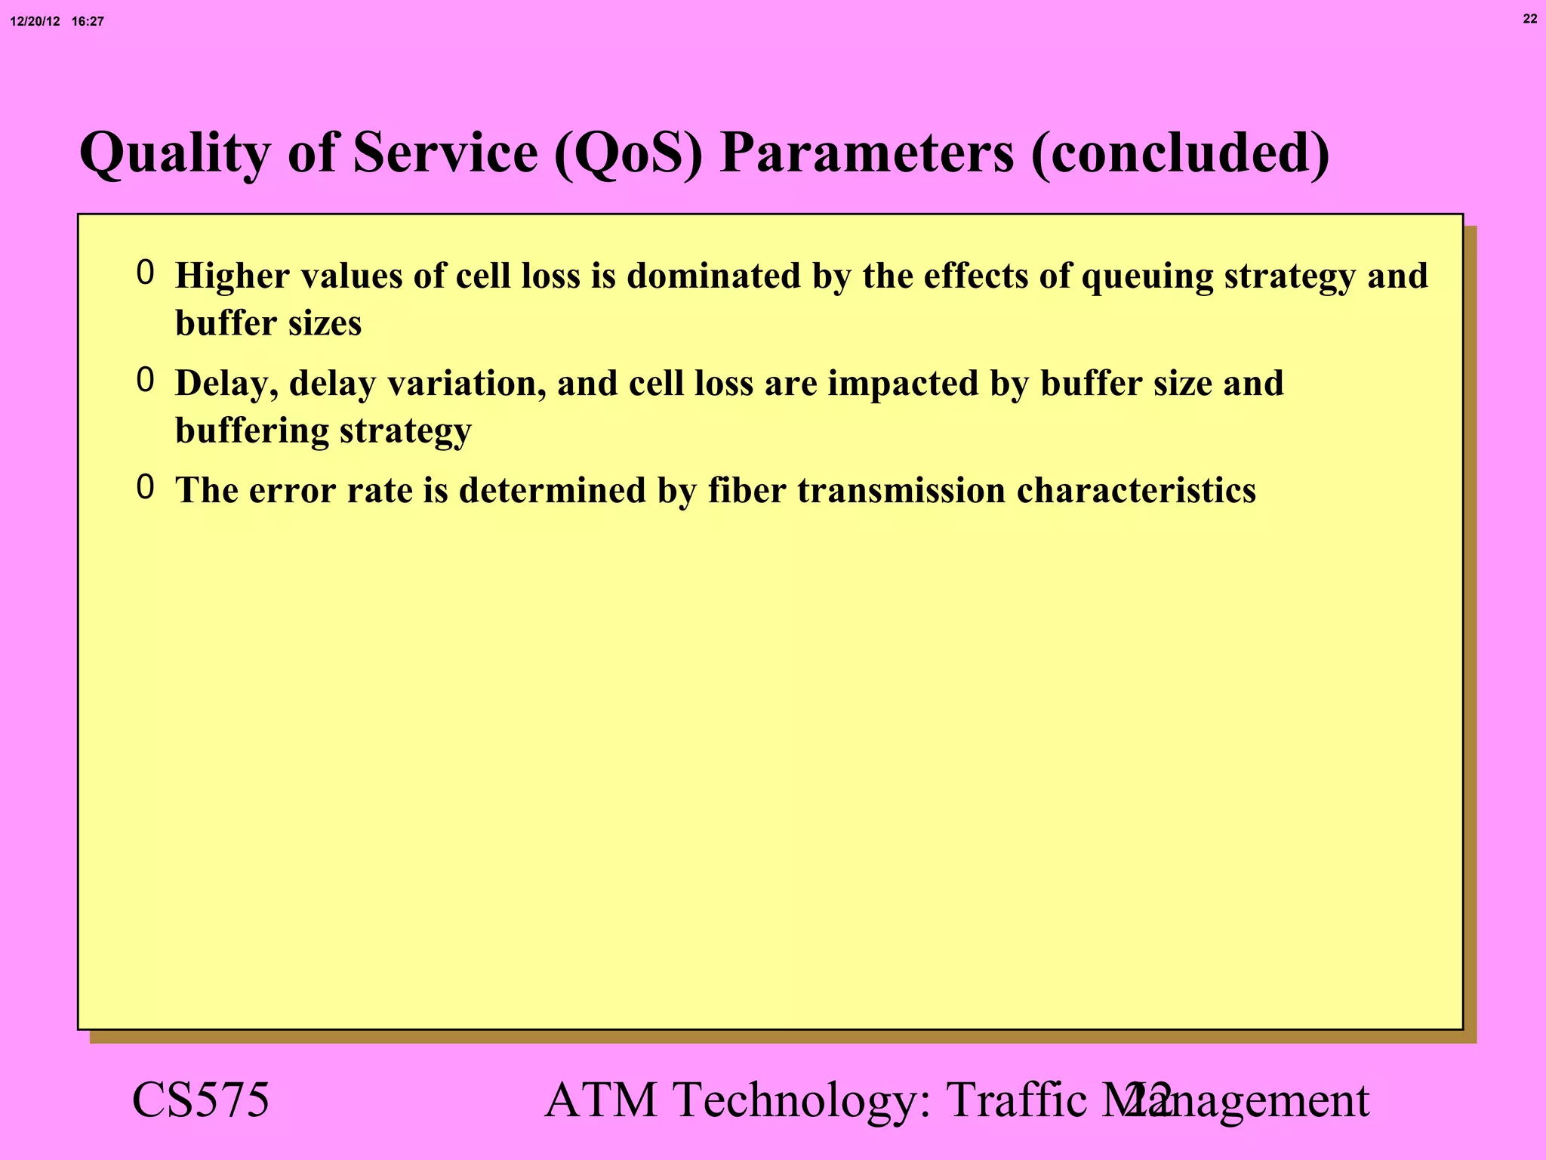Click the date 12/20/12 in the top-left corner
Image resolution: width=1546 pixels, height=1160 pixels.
(x=35, y=22)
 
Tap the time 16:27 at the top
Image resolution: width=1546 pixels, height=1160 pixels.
(x=88, y=22)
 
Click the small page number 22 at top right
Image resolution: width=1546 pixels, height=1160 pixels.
(x=1529, y=19)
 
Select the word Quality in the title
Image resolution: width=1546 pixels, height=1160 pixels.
(x=174, y=153)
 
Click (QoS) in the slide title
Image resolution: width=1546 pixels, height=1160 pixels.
(x=628, y=153)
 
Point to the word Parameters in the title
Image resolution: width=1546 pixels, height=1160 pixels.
(x=866, y=153)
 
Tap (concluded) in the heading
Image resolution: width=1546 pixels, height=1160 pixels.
(x=1180, y=153)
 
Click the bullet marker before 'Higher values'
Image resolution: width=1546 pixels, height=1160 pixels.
(x=145, y=273)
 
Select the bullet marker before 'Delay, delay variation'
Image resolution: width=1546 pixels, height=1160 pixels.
(x=145, y=380)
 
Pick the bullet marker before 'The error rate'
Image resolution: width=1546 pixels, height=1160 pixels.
(x=145, y=487)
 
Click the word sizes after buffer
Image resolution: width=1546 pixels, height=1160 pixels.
(x=324, y=323)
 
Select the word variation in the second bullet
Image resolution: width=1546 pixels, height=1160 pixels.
(x=466, y=383)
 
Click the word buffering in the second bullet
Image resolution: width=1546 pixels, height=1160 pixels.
(x=251, y=430)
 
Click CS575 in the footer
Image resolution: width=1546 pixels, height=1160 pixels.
(x=200, y=1100)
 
